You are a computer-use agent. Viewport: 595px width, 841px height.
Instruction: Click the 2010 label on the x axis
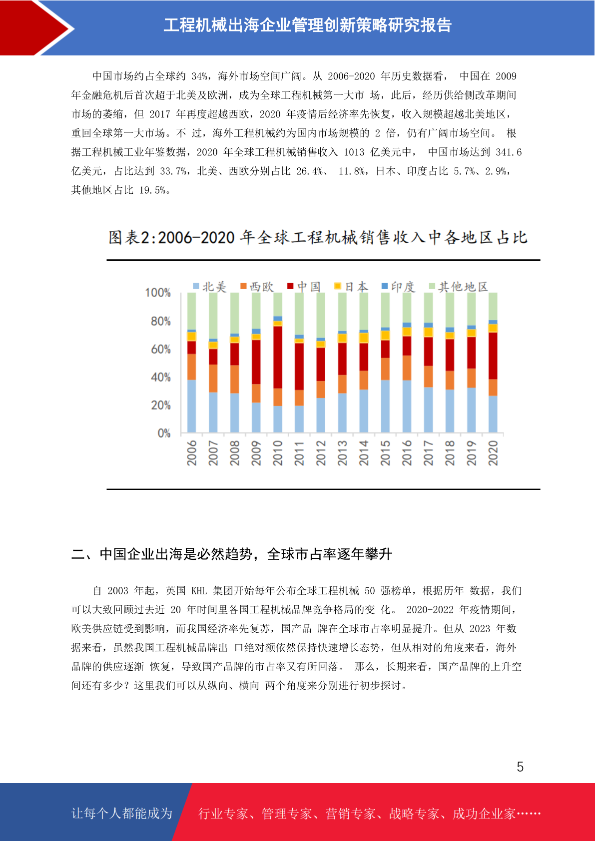(x=278, y=453)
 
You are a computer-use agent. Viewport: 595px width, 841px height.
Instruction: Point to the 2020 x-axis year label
(x=493, y=453)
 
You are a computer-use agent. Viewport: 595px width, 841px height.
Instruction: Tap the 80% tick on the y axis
(x=161, y=321)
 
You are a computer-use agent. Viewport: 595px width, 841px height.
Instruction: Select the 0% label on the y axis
(x=164, y=433)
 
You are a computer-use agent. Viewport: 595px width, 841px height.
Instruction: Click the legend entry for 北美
(x=210, y=287)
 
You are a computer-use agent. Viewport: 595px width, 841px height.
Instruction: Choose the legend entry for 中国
(x=304, y=287)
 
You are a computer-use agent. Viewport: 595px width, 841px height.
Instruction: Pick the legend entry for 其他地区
(x=459, y=287)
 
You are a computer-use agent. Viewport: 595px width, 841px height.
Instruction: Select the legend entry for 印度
(x=398, y=287)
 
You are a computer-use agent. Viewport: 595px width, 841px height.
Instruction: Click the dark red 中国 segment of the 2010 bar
(x=278, y=357)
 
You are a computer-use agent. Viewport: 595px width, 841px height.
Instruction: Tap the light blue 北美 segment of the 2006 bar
(x=191, y=406)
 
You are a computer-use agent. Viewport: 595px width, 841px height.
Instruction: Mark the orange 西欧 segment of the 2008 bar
(x=234, y=379)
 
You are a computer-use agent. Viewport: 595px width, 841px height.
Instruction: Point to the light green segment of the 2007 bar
(x=213, y=316)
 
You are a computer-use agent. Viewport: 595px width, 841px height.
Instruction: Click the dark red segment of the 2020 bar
(x=493, y=356)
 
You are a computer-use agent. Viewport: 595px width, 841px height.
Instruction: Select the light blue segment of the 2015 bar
(x=385, y=406)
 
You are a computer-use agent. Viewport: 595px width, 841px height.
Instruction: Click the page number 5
(x=520, y=767)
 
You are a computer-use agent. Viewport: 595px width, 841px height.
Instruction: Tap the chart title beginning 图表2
(x=318, y=237)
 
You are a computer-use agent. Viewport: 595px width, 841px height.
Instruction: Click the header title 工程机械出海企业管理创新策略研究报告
(x=308, y=25)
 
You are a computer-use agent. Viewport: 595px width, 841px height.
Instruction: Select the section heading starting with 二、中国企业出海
(x=232, y=554)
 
